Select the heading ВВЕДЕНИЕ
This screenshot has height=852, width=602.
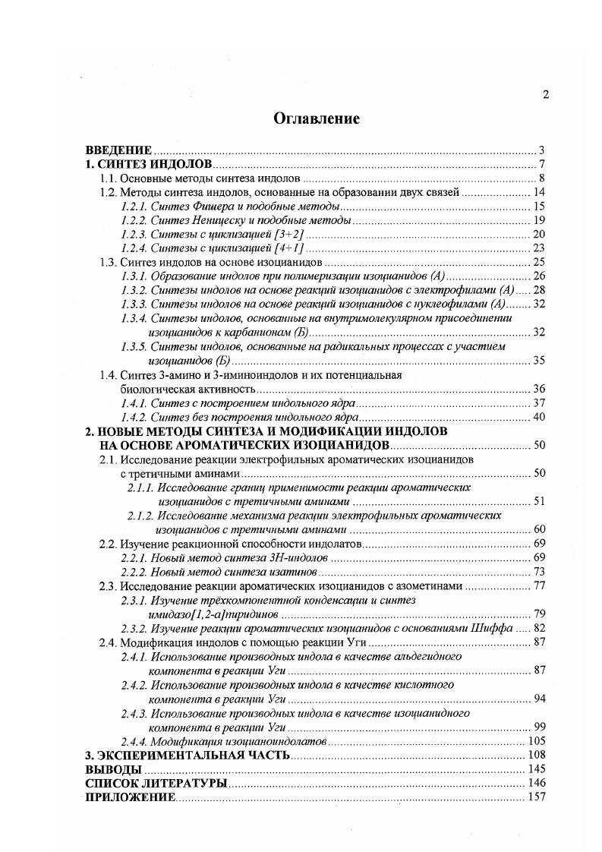point(119,150)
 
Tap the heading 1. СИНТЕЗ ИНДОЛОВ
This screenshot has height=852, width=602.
point(148,165)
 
